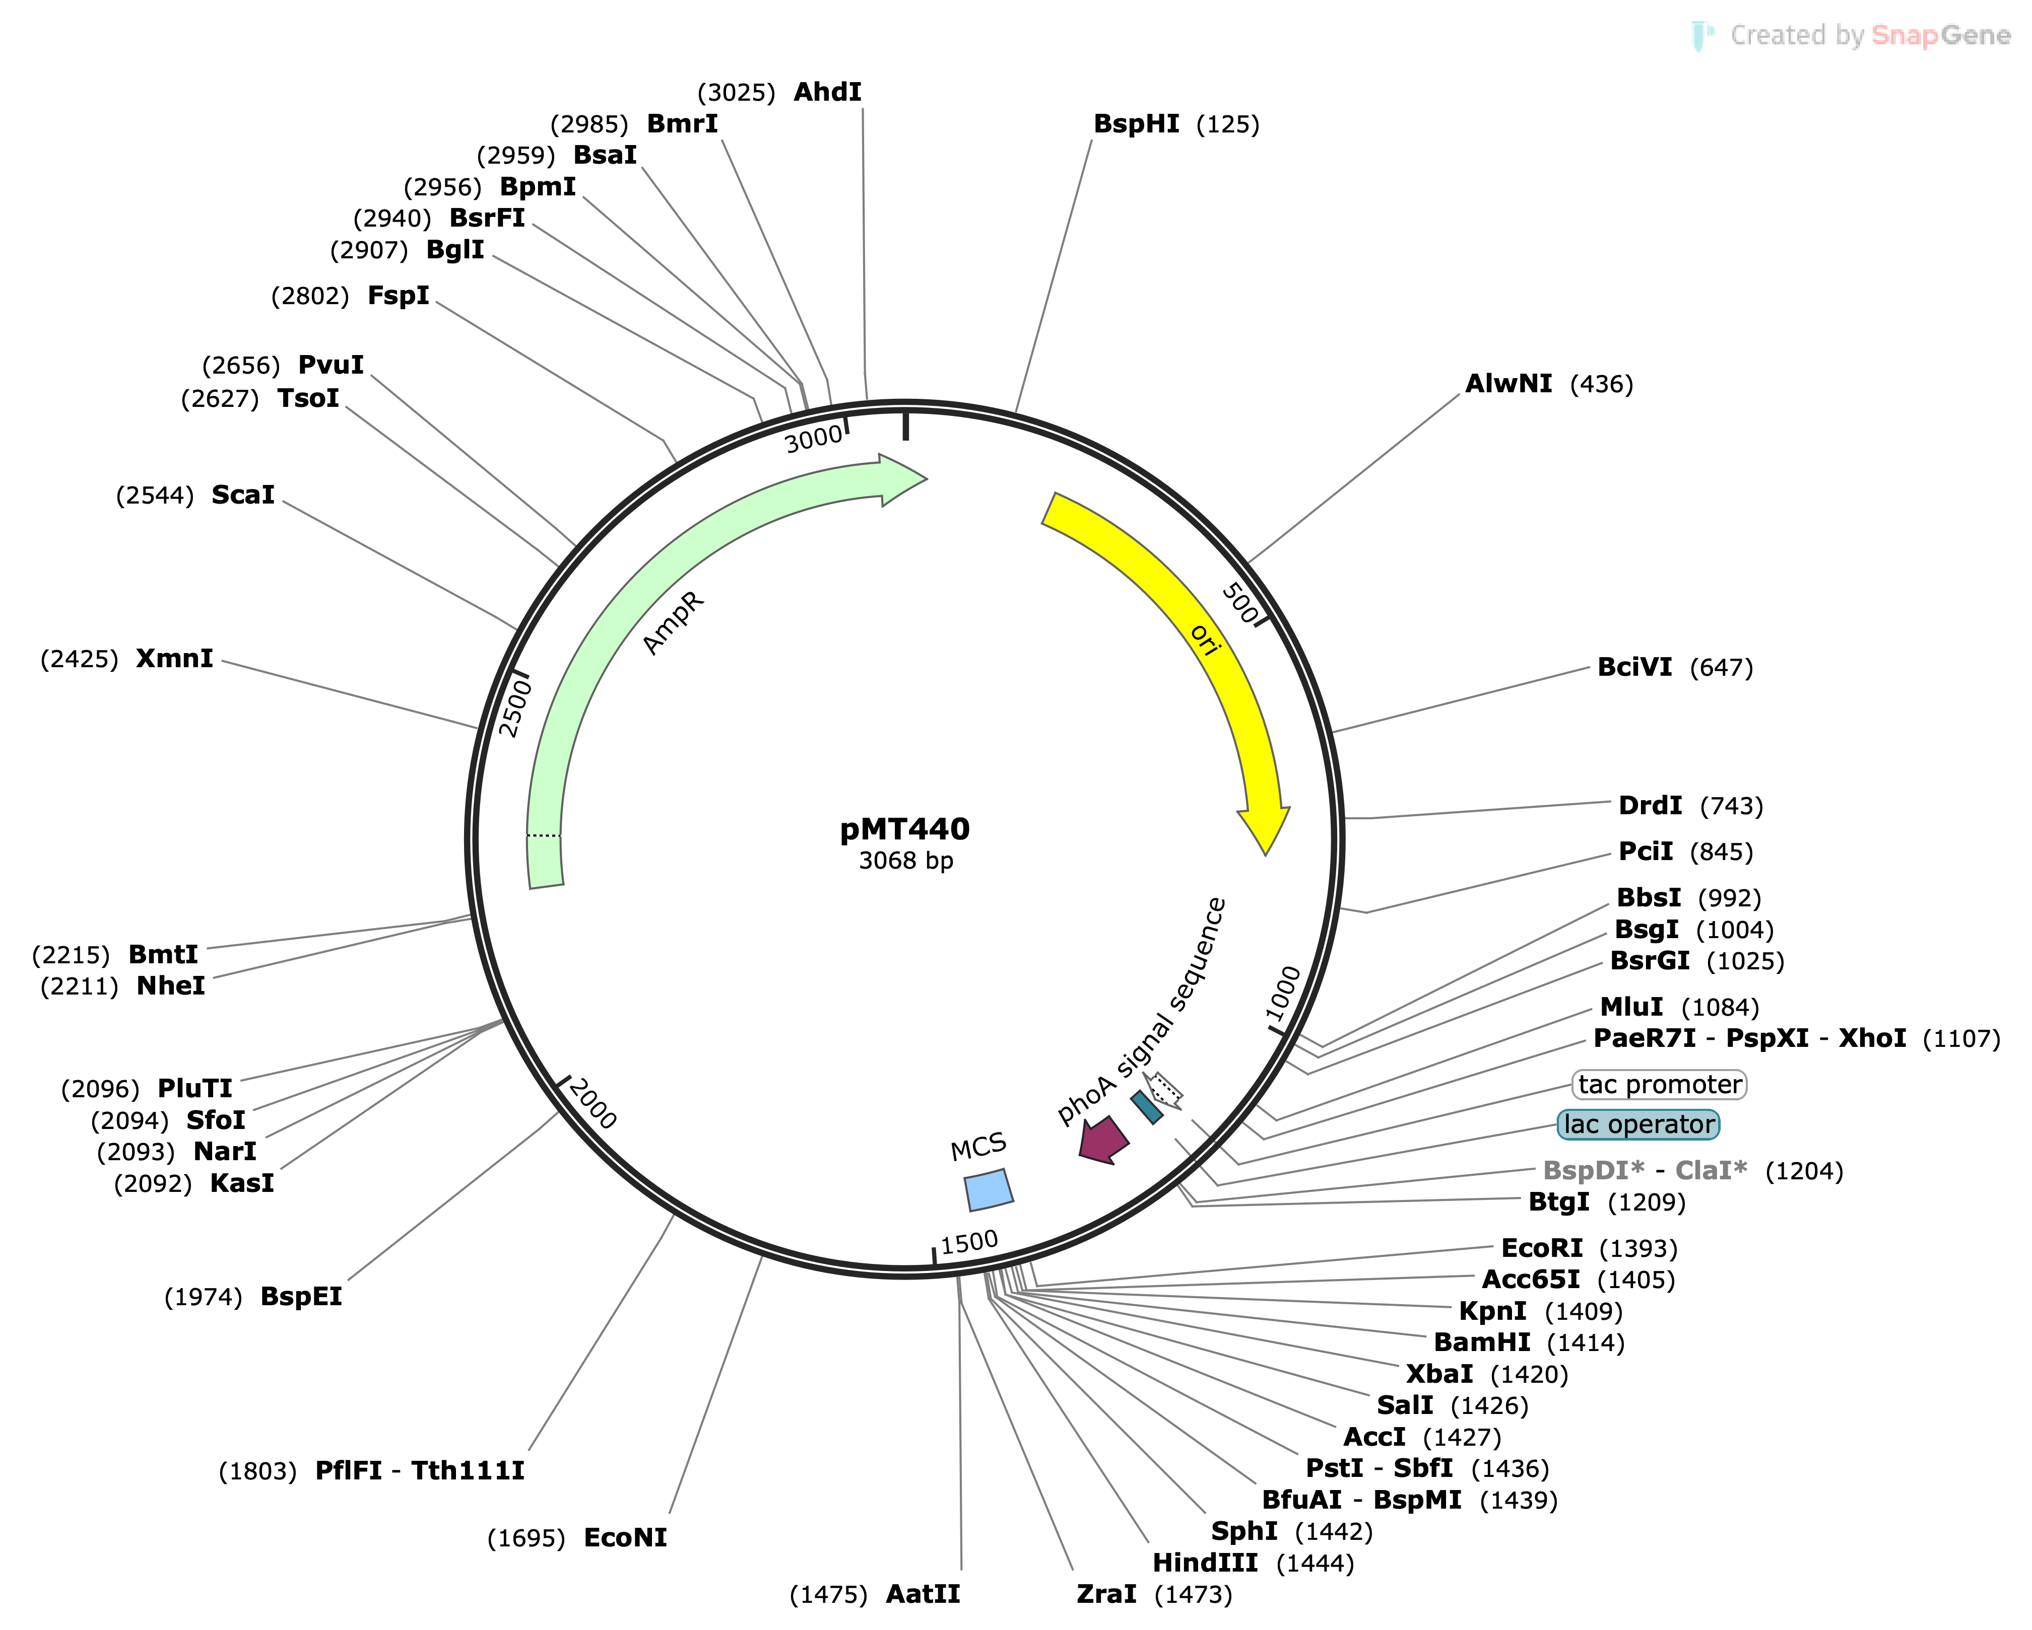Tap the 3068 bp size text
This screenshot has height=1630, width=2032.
tap(906, 860)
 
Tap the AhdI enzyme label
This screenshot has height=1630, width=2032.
tap(827, 92)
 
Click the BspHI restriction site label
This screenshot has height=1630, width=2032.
tap(1136, 124)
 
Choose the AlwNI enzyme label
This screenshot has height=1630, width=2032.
tap(1508, 384)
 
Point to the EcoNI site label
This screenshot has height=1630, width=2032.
tap(625, 1538)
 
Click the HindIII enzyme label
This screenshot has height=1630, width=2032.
tap(1205, 1563)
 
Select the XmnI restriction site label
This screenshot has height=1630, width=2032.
tap(174, 659)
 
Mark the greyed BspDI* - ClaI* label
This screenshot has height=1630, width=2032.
tap(1645, 1170)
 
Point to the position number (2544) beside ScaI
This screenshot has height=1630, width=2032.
tap(155, 495)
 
